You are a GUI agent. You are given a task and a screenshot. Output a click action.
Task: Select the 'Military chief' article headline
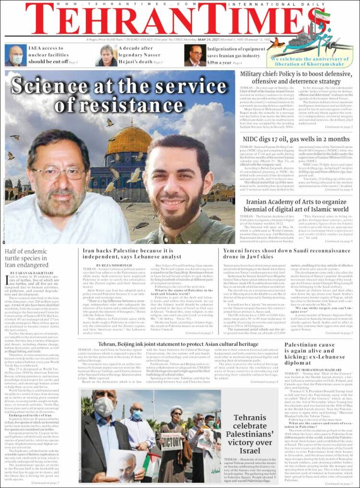[x=297, y=78]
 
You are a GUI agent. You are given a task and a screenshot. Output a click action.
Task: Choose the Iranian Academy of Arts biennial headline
[x=297, y=206]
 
